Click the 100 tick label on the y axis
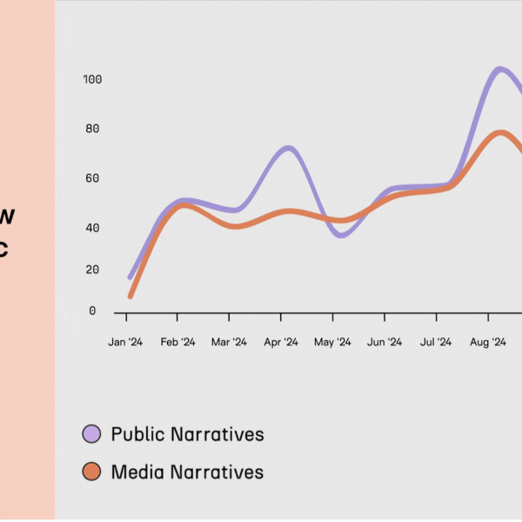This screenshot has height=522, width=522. [92, 80]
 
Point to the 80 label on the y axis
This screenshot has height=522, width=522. [92, 129]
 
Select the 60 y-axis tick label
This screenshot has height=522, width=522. [92, 178]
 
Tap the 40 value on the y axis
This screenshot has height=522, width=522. [92, 228]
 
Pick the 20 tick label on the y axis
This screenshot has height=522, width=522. [92, 270]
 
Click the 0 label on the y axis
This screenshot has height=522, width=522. [93, 311]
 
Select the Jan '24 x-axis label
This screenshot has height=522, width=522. [125, 343]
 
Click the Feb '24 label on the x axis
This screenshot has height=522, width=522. [177, 343]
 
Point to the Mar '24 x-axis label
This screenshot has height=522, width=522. [229, 343]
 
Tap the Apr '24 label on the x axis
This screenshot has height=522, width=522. [280, 343]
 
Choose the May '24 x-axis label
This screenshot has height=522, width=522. [332, 343]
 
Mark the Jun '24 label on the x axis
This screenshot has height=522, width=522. [385, 343]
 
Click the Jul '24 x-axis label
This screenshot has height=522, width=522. [436, 343]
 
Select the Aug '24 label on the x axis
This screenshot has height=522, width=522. [488, 343]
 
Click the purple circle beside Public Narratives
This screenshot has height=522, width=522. [92, 433]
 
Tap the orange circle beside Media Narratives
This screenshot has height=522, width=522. [92, 472]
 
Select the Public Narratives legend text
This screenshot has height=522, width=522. [187, 433]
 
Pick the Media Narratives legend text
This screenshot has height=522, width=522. [187, 472]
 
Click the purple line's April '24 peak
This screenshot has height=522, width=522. [288, 148]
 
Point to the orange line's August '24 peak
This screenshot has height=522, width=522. [500, 132]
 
